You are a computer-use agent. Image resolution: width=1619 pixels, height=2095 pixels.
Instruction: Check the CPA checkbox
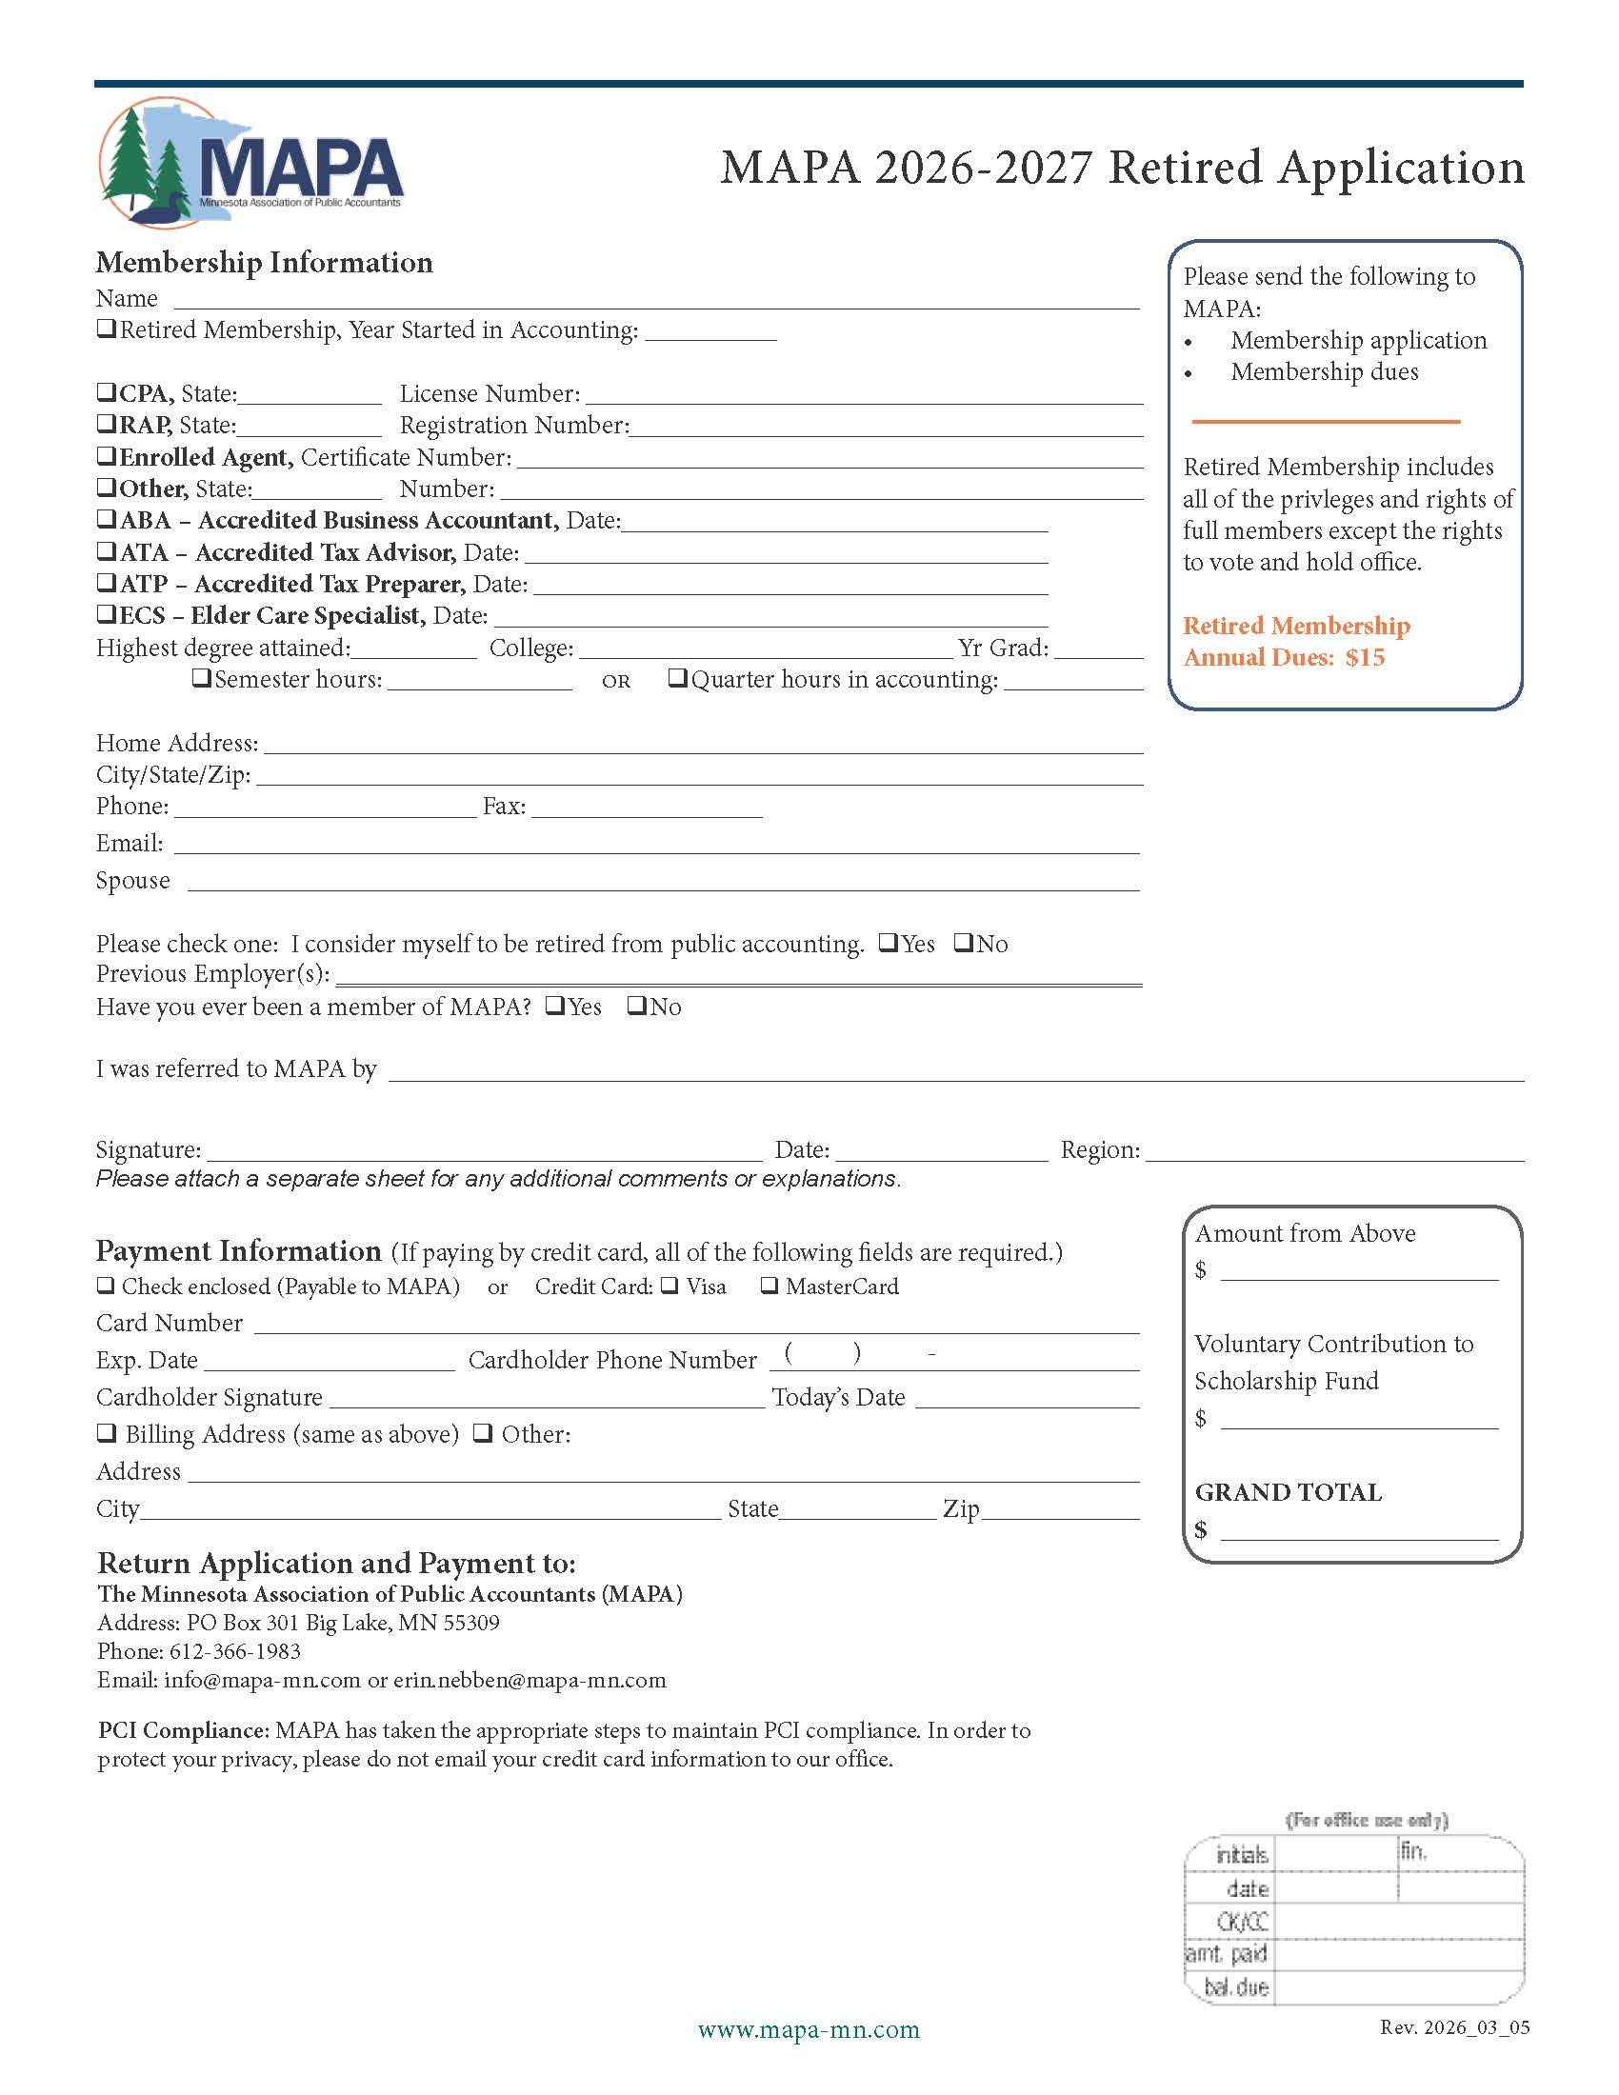coord(107,392)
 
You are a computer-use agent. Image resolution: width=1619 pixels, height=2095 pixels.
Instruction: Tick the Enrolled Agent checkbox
coord(107,455)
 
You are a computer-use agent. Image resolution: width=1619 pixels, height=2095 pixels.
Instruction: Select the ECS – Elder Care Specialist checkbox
coord(107,614)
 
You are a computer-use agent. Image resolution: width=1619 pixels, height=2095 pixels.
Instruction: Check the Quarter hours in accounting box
coord(678,678)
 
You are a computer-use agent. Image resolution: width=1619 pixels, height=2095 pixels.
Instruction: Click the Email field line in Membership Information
coord(656,844)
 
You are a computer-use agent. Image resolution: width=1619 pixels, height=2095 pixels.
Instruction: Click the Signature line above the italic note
coord(485,1151)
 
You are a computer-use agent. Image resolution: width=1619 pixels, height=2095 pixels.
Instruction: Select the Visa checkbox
coord(670,1286)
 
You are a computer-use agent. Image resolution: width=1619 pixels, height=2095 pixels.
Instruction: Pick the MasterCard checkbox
coord(770,1286)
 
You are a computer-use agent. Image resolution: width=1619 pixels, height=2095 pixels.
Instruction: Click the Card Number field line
coord(696,1325)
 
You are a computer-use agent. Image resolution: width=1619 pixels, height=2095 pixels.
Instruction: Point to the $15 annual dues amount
coord(1365,658)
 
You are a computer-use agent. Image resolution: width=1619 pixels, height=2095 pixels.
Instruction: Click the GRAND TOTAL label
coord(1289,1492)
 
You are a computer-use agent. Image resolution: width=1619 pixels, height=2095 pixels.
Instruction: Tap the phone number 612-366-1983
coord(235,1651)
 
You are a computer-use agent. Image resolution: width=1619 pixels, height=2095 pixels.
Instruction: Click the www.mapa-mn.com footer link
coord(809,2030)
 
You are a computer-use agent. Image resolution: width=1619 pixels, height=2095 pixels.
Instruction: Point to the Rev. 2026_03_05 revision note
coord(1454,2026)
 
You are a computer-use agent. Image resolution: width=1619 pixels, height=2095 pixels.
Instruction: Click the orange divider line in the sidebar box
coord(1326,421)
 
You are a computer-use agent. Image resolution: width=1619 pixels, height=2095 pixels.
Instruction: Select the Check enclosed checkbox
coord(107,1286)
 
